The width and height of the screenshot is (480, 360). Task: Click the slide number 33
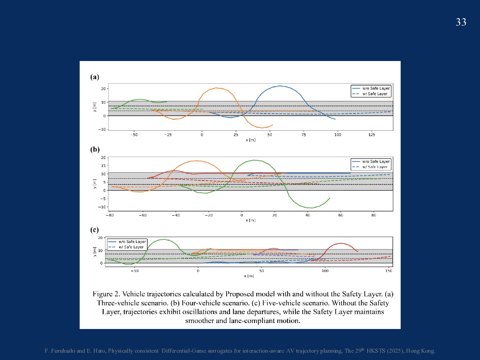[x=461, y=22]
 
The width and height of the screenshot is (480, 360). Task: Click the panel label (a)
[x=95, y=77]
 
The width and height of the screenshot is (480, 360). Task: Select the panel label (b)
[x=95, y=149]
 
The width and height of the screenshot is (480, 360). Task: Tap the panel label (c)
[x=95, y=230]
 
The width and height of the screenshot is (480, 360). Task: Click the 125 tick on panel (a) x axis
[x=372, y=135]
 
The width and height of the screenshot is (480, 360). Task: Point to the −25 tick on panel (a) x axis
[x=168, y=135]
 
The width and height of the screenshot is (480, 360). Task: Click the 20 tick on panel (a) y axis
[x=103, y=89]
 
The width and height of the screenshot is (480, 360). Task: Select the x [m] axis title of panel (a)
[x=251, y=140]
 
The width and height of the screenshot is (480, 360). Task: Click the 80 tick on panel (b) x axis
[x=373, y=215]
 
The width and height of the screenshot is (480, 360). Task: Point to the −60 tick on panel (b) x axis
[x=142, y=215]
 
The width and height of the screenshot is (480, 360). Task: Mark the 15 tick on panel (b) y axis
[x=103, y=166]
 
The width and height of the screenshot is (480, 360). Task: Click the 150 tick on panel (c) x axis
[x=389, y=271]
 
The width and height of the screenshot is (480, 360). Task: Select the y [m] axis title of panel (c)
[x=95, y=252]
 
